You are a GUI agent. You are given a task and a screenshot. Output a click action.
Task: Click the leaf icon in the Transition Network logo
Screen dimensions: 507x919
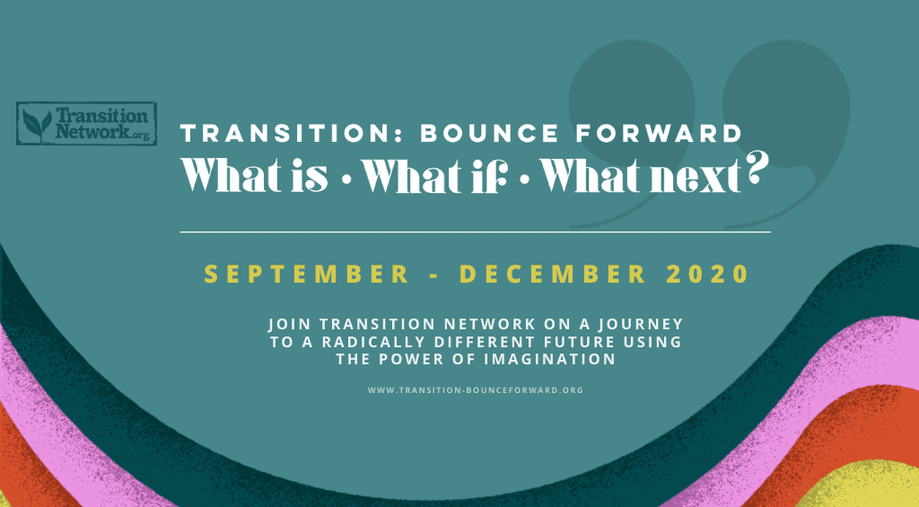(x=37, y=124)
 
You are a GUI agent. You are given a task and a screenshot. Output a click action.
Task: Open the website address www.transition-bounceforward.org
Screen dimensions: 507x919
(x=476, y=390)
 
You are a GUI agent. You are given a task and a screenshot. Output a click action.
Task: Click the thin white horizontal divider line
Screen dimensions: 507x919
(x=475, y=232)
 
